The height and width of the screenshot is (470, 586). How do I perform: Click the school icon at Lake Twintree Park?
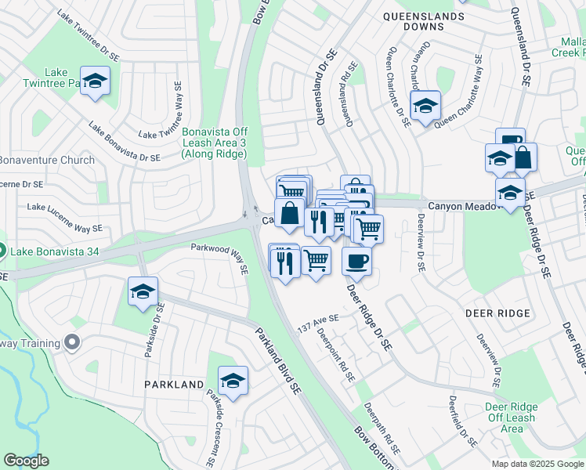(95, 81)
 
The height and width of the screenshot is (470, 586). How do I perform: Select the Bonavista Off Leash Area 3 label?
(214, 143)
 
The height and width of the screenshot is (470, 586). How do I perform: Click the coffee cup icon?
(356, 261)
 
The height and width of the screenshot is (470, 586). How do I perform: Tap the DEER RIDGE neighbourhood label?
(497, 313)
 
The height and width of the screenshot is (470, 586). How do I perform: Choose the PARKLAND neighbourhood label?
(173, 385)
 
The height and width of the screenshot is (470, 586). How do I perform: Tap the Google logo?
(27, 461)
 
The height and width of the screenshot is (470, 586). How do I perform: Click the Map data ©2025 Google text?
(537, 464)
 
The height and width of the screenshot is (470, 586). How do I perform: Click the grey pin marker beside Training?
(72, 342)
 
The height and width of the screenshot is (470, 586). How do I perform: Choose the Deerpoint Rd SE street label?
(336, 354)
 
